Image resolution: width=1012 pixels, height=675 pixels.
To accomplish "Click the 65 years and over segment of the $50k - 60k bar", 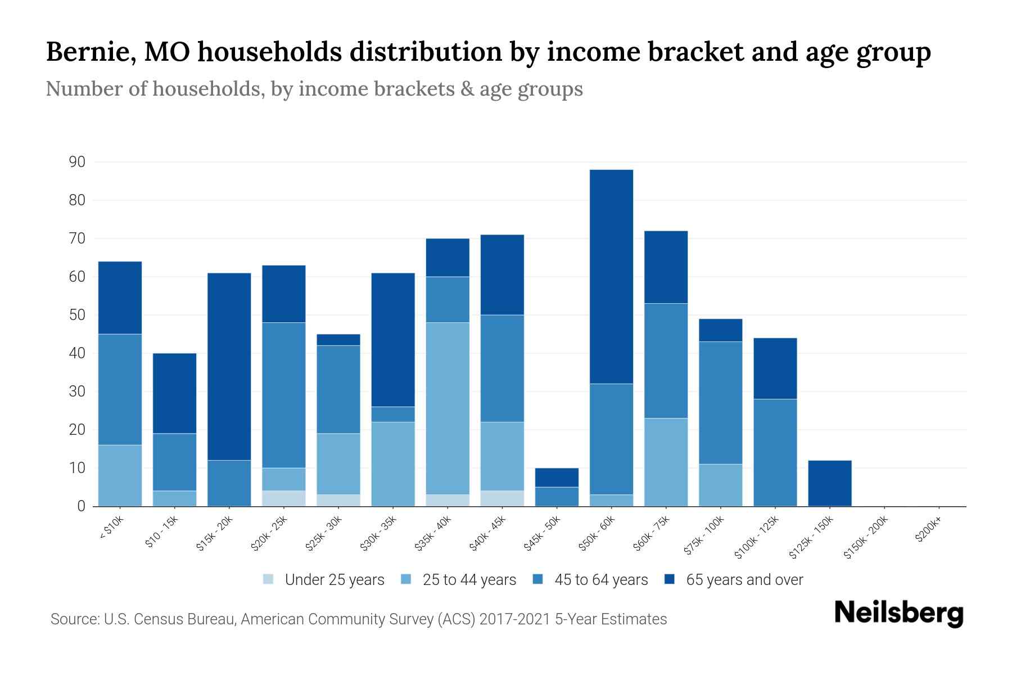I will [611, 276].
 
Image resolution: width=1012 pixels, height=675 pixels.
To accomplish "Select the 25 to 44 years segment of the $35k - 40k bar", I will [448, 408].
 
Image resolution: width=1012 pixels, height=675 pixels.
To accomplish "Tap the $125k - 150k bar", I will [829, 483].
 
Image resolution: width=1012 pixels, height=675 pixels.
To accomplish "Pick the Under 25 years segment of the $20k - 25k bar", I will [284, 498].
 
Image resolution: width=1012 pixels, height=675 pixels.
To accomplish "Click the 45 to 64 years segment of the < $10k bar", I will [120, 389].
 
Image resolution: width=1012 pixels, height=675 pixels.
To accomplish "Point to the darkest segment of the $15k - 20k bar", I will [229, 366].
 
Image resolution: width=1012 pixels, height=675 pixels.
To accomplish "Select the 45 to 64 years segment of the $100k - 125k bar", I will [775, 452].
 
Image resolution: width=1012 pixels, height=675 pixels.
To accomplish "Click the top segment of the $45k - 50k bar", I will [557, 477].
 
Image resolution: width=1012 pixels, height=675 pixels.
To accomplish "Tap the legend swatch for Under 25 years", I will [269, 579].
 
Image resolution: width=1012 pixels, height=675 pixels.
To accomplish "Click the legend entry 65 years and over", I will [744, 580].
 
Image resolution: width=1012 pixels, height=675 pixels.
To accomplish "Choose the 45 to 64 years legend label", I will [601, 580].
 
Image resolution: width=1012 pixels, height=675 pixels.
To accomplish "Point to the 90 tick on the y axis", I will [77, 162].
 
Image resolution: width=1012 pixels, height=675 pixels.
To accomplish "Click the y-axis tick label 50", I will [77, 315].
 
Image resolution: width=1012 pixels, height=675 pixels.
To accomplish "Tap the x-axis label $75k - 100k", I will [704, 537].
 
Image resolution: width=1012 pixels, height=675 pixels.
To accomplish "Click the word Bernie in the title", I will [89, 52].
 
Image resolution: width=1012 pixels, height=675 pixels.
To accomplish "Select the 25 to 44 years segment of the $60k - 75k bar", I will [666, 462].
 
